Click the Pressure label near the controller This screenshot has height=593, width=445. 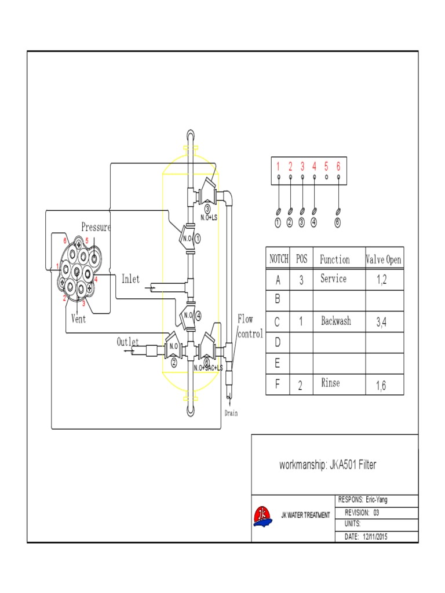96,227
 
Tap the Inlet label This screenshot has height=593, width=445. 130,279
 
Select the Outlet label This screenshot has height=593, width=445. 127,342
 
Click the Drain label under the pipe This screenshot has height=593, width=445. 231,413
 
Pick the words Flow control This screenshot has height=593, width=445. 249,326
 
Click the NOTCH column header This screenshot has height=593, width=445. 278,259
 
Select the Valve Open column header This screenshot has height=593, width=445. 383,259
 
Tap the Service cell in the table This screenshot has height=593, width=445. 333,279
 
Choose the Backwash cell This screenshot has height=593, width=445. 335,321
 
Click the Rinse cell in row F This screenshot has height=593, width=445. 330,383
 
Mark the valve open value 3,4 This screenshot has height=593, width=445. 381,322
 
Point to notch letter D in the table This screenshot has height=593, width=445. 278,342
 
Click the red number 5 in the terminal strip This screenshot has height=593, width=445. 326,166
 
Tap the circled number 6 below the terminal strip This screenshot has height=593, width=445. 338,222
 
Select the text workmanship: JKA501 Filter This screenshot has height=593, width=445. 327,464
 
